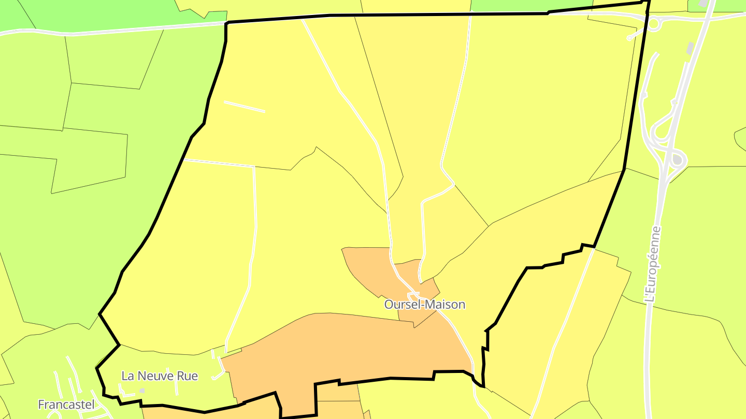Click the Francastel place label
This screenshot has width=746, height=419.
click(x=66, y=405)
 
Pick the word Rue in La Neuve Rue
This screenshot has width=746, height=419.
click(x=188, y=376)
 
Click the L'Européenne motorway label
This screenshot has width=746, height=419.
click(x=653, y=264)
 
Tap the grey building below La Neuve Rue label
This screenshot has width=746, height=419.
click(x=142, y=391)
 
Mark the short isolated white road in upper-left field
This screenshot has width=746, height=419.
click(x=244, y=107)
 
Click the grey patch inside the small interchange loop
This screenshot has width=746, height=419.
click(x=677, y=160)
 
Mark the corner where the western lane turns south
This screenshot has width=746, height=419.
click(x=254, y=167)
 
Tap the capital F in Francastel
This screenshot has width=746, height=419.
click(x=41, y=405)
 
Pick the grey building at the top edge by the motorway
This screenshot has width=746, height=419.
click(x=703, y=3)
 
